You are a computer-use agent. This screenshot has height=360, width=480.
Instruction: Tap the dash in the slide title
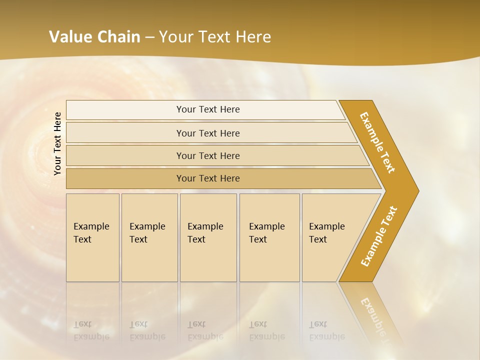149,37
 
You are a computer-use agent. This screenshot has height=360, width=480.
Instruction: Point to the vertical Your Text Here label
57,143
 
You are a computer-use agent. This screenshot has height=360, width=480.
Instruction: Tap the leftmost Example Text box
92,237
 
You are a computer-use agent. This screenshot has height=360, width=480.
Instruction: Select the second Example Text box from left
149,237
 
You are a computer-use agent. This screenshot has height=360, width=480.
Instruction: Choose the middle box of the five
208,237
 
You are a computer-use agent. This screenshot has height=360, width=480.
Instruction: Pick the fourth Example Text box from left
269,237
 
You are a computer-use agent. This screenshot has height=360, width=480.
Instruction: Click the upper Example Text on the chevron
377,142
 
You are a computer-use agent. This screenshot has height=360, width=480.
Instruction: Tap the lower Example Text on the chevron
379,236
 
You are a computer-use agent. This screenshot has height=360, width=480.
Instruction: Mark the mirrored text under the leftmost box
91,330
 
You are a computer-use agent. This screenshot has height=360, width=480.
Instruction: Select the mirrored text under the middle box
205,330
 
